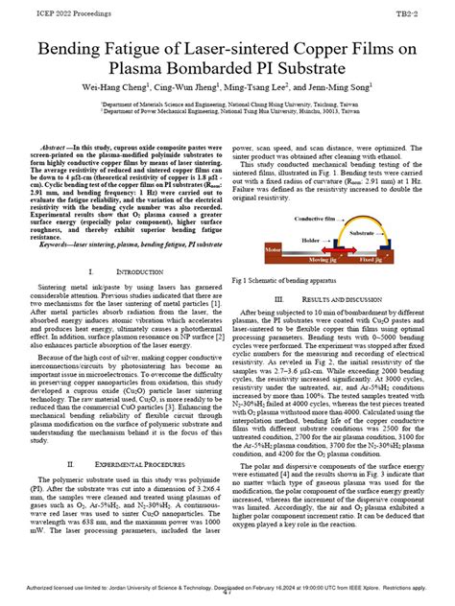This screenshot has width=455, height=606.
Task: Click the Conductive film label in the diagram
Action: (293, 219)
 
